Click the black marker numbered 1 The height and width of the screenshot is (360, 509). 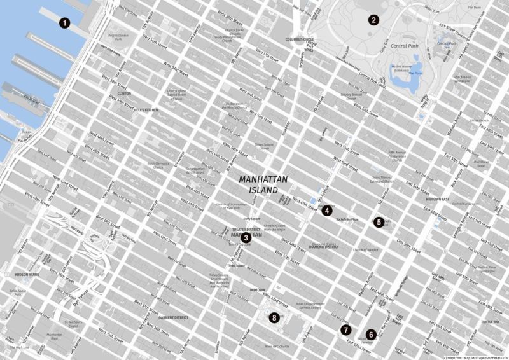tap(64, 24)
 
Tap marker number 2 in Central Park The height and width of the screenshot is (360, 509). tap(374, 20)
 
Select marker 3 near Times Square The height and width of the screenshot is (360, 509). tap(245, 238)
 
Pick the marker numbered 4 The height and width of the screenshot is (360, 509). tap(326, 211)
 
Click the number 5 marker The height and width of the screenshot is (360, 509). tap(379, 222)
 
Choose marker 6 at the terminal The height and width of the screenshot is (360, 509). tap(371, 334)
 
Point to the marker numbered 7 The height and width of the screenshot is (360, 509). tap(345, 329)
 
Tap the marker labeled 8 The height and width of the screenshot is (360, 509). tap(274, 317)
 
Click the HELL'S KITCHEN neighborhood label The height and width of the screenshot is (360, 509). tap(146, 110)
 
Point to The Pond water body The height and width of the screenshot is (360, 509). tap(415, 73)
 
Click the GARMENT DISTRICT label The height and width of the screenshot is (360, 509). tap(173, 317)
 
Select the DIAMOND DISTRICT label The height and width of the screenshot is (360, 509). tap(324, 246)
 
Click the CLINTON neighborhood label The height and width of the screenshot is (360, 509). tap(124, 93)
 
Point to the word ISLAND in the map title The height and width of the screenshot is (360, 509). tap(263, 190)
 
